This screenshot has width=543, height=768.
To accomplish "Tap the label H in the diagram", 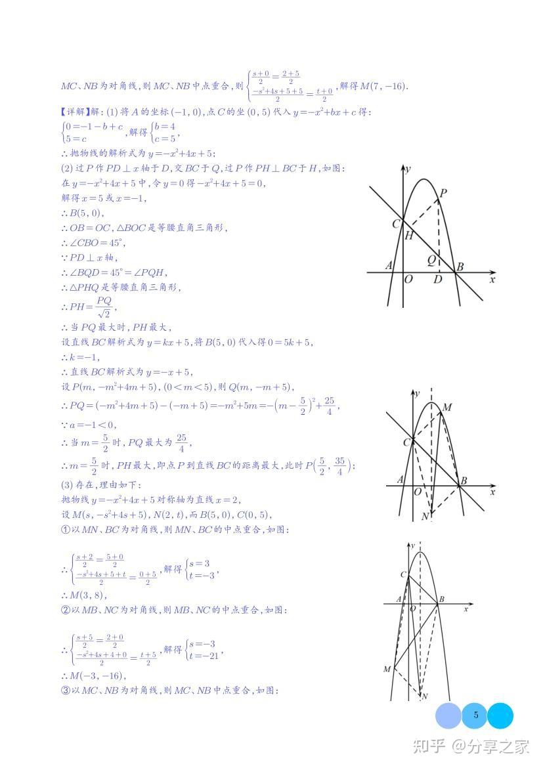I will coord(408,236).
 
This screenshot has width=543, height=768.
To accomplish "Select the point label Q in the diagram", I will coord(431,260).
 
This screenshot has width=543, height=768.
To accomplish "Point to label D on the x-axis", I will coord(437,280).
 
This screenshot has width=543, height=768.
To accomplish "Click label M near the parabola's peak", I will coord(447,408).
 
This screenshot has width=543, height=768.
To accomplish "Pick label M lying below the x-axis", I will coord(387,669).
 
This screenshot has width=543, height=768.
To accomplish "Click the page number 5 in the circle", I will coord(476,715).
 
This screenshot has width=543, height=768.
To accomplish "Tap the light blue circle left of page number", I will coord(448,715).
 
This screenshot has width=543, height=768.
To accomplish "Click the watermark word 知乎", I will coord(427,746).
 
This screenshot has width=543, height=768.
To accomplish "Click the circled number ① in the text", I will coord(64,529).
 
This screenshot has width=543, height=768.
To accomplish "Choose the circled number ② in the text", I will coord(64,610).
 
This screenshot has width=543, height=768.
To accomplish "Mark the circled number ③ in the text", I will coord(64,690).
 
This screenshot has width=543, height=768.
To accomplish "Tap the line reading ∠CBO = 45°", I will coord(89,243).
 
